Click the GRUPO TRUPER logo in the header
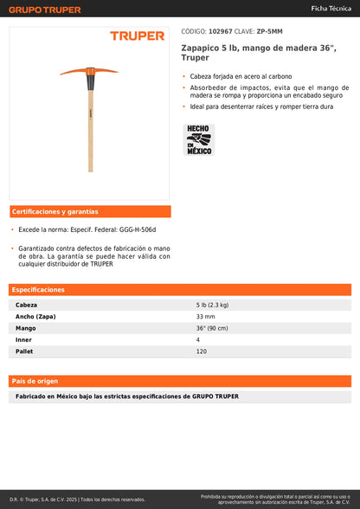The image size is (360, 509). (x=45, y=10)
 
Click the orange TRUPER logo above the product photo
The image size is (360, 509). (x=137, y=36)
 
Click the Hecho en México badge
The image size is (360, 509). (x=199, y=139)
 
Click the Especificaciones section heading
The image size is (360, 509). (x=39, y=290)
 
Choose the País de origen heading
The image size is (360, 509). (x=35, y=381)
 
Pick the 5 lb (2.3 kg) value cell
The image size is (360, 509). (x=213, y=306)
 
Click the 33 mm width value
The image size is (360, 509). (x=205, y=317)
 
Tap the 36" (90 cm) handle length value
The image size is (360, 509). (x=213, y=328)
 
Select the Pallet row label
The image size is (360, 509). (x=25, y=351)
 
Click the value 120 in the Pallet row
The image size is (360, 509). (x=202, y=351)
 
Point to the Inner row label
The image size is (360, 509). (x=23, y=339)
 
